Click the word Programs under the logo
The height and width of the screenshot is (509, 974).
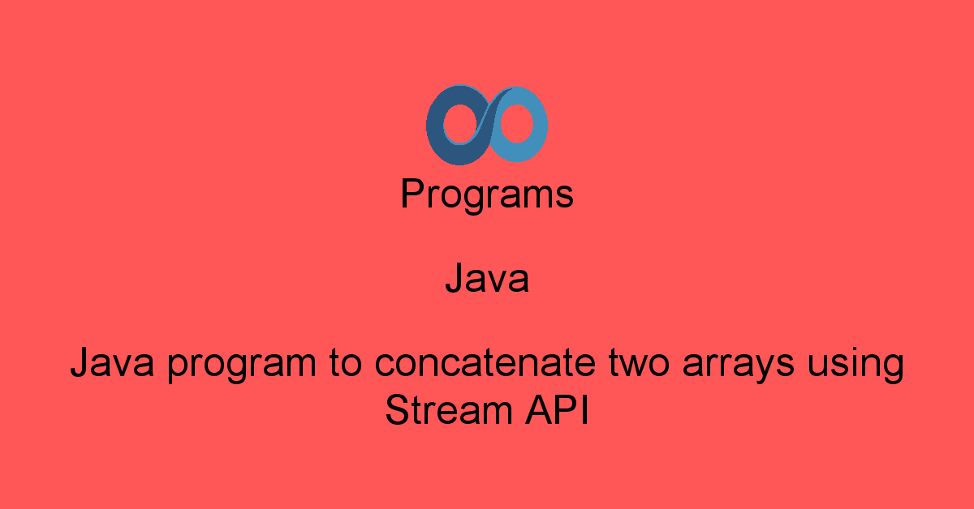(487, 195)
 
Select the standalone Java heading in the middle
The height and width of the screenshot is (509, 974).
(487, 277)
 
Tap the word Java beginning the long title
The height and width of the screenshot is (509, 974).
(112, 362)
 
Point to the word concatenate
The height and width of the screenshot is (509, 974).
(485, 362)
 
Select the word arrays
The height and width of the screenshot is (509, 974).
(739, 366)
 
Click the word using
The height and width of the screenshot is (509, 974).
(855, 365)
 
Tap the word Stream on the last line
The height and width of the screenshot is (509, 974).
(449, 410)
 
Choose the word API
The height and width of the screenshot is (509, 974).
(557, 410)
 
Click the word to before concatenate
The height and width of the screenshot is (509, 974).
(345, 362)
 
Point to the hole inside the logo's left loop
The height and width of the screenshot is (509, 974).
(460, 124)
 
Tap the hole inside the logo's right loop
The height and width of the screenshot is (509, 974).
(516, 123)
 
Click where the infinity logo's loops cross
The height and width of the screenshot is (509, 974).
(488, 124)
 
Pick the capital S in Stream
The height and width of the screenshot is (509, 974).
(399, 409)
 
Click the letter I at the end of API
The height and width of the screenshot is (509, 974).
(586, 409)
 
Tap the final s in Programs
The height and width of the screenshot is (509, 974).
(565, 197)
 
